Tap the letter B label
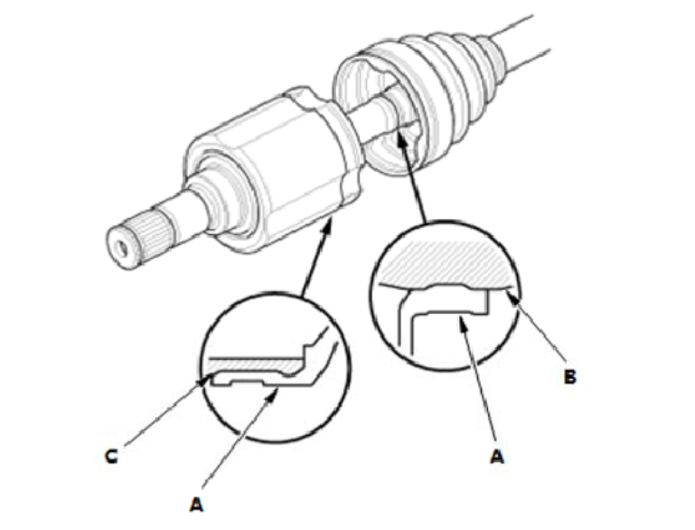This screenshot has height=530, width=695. coord(569,376)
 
